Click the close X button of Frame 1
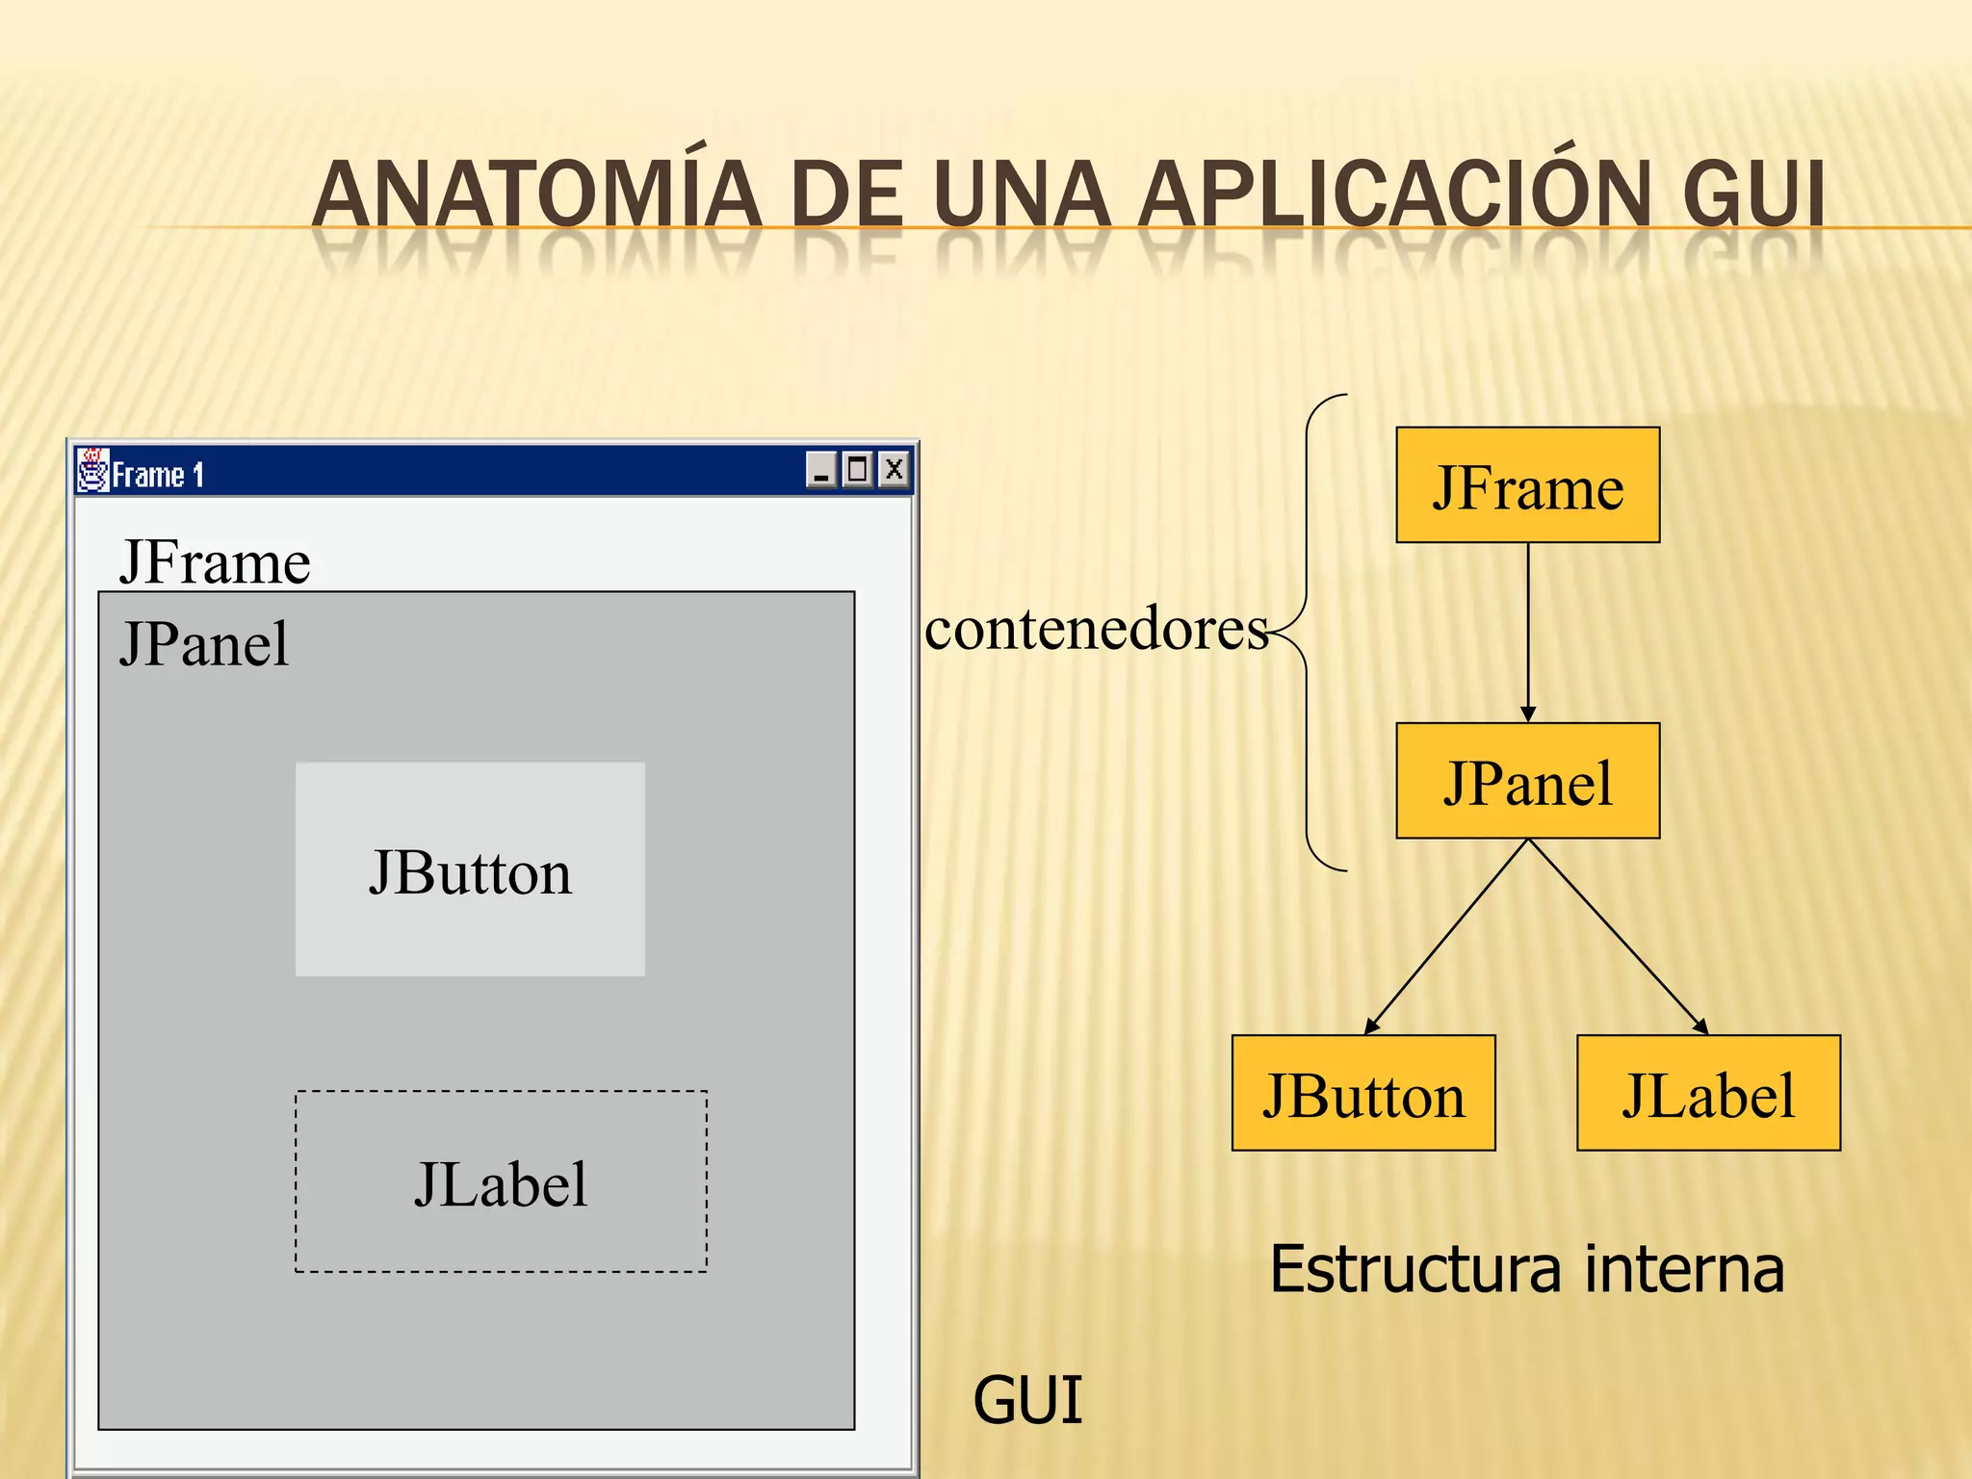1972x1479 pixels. tap(895, 470)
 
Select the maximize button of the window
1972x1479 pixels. tap(857, 470)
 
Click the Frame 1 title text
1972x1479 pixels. tap(158, 475)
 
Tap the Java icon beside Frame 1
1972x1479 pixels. tap(92, 471)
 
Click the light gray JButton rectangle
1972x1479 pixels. tap(470, 869)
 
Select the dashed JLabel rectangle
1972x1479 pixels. tap(501, 1181)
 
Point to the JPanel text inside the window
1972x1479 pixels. tap(204, 643)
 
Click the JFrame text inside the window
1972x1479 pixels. tap(215, 561)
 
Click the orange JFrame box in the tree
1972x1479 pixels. tap(1527, 485)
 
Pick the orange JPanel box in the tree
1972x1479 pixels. tap(1527, 781)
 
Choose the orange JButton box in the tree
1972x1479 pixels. tap(1363, 1093)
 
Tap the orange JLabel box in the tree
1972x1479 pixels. tap(1708, 1093)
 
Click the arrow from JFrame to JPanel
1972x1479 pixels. tap(1528, 632)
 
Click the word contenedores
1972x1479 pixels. tap(1096, 631)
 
